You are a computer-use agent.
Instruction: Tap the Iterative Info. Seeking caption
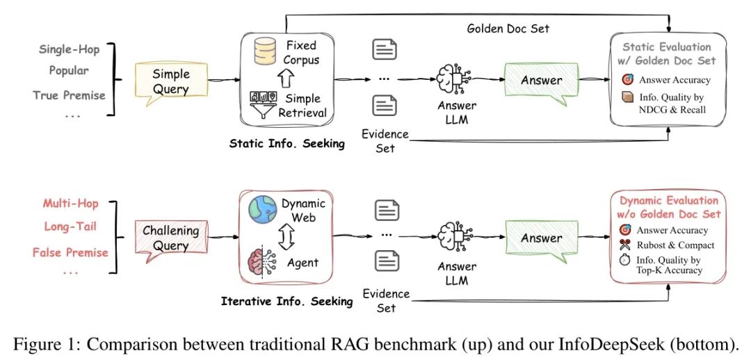point(286,302)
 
